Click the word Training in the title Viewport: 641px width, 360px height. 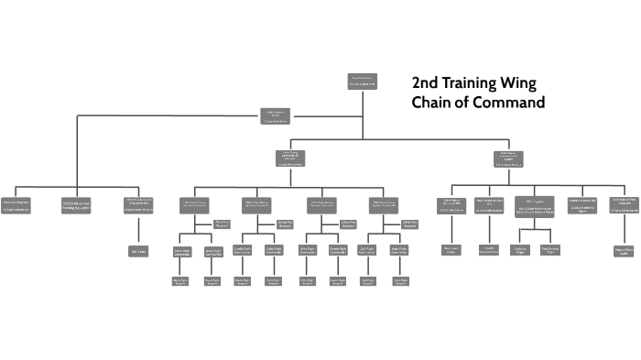(x=471, y=82)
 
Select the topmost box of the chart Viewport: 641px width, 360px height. (x=363, y=82)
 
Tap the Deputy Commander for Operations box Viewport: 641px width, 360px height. (x=288, y=158)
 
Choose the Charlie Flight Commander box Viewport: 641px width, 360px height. (x=243, y=251)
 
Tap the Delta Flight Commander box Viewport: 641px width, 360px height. (x=273, y=251)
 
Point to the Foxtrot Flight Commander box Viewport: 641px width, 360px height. (x=337, y=251)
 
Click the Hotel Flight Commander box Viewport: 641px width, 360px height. (x=400, y=251)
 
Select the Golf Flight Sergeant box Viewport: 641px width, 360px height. (x=368, y=281)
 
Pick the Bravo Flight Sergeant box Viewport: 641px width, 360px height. (x=212, y=281)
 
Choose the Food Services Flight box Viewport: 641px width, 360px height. (x=550, y=249)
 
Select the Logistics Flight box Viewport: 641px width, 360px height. (x=520, y=249)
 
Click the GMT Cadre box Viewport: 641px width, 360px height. (x=137, y=250)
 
